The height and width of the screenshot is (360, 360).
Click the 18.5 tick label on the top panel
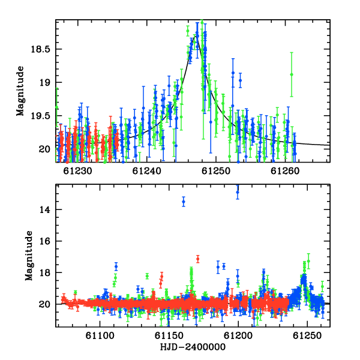click(40, 49)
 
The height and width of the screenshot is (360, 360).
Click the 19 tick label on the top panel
click(45, 82)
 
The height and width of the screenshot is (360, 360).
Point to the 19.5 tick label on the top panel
click(40, 116)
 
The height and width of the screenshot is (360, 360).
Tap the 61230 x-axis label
click(77, 171)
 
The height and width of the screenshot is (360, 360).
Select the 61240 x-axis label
click(147, 171)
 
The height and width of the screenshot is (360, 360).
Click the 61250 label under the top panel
click(216, 171)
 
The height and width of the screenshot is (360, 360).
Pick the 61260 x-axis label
click(285, 171)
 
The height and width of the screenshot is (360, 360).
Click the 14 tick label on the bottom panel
click(45, 209)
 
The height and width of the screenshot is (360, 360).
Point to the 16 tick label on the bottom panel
click(45, 241)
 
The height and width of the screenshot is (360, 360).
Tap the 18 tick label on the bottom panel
click(45, 272)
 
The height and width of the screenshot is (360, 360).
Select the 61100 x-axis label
click(100, 335)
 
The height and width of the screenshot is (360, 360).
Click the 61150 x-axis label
click(169, 335)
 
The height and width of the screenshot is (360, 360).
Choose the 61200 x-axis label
click(238, 335)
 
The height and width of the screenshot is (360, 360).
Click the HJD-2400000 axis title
click(193, 347)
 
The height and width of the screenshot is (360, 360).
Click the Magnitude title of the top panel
click(20, 91)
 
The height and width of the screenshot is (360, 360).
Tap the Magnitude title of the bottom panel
click(29, 256)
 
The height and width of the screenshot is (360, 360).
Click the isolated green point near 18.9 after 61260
click(292, 74)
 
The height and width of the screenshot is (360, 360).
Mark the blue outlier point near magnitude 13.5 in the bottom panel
click(184, 202)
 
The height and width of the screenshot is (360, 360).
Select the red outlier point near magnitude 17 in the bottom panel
click(197, 259)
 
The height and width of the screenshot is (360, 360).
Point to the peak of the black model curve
click(196, 35)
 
